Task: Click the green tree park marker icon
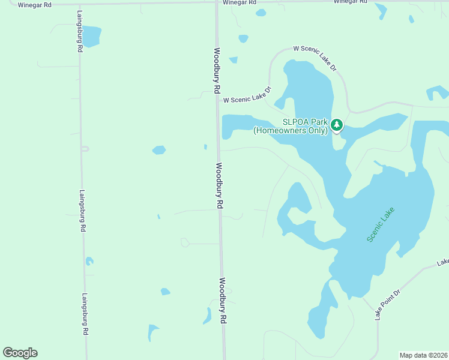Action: tap(337, 125)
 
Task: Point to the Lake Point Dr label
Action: tap(387, 304)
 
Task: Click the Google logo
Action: tap(20, 353)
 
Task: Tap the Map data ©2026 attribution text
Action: tap(423, 355)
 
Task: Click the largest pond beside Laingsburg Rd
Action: tap(92, 36)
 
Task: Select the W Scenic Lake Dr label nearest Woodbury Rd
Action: tap(247, 97)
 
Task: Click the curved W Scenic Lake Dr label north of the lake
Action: tap(315, 58)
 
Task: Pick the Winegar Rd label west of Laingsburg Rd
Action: tap(35, 4)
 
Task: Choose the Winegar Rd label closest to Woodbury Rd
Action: tap(239, 2)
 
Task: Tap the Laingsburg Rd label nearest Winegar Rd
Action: tap(79, 31)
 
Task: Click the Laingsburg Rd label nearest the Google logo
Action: tap(85, 314)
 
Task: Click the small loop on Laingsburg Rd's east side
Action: tap(85, 148)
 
